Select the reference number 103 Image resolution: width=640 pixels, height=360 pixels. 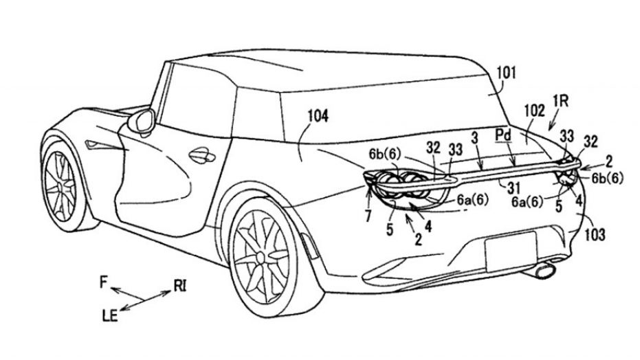coord(595,235)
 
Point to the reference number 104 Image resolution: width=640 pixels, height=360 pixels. coord(319,117)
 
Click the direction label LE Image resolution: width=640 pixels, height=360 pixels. coord(109,315)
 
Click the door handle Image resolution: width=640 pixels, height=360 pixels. coord(200,157)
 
